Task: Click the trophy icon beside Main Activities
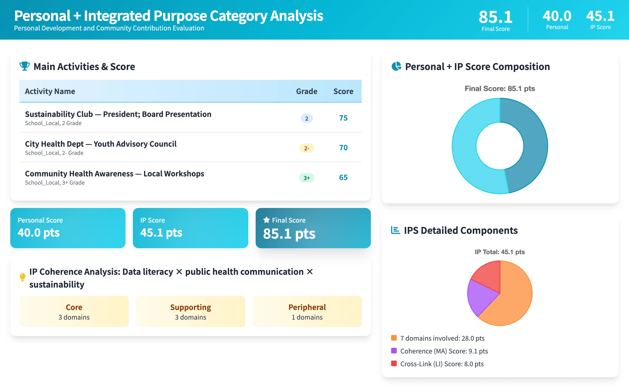pos(25,66)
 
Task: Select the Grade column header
pos(306,91)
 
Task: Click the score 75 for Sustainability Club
pos(343,118)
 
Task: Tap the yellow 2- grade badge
pos(306,148)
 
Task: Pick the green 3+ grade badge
pos(306,178)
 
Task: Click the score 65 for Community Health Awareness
pos(343,178)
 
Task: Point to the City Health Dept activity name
pos(101,144)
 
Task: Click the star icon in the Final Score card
pos(266,220)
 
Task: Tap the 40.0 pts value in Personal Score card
pos(38,233)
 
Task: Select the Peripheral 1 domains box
pos(307,311)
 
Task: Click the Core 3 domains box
pos(74,311)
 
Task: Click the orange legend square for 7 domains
pos(394,338)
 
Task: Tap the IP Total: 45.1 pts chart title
pos(500,252)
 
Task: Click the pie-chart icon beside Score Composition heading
pos(396,66)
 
